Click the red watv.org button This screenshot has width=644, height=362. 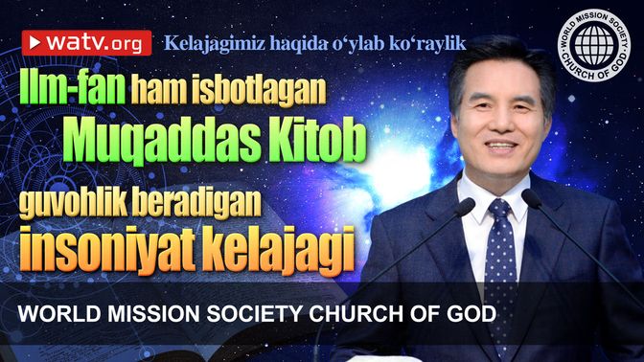point(86,43)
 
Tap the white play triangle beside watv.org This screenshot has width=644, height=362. point(34,42)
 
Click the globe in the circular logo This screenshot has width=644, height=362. point(594,44)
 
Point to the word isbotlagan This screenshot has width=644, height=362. point(259,89)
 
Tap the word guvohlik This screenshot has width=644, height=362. point(74,204)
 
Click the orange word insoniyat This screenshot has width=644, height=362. point(107,250)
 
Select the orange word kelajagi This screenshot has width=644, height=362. point(279,250)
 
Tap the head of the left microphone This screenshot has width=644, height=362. point(465,206)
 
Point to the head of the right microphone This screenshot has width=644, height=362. point(532,198)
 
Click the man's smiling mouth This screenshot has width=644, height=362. point(500,146)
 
